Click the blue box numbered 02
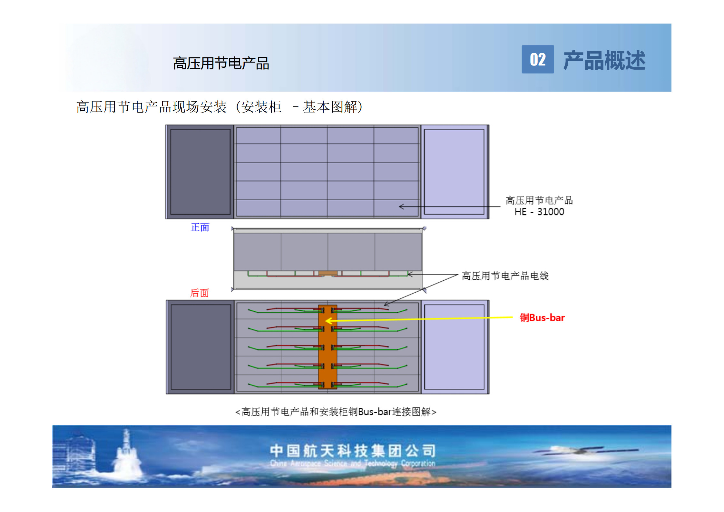(x=538, y=59)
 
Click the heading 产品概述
(x=604, y=60)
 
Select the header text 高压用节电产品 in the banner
(x=221, y=63)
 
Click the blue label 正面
(x=200, y=227)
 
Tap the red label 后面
(x=199, y=293)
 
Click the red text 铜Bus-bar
(x=542, y=318)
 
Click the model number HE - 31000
(x=539, y=212)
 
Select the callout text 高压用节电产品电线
(x=505, y=276)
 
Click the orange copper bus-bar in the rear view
(x=328, y=347)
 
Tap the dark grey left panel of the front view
(x=200, y=172)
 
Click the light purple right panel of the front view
(x=454, y=172)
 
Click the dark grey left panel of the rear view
(x=201, y=347)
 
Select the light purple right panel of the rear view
(x=455, y=347)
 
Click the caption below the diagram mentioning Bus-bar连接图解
(x=336, y=412)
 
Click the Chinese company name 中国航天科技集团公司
(x=353, y=451)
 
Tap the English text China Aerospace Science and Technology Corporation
(x=353, y=464)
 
